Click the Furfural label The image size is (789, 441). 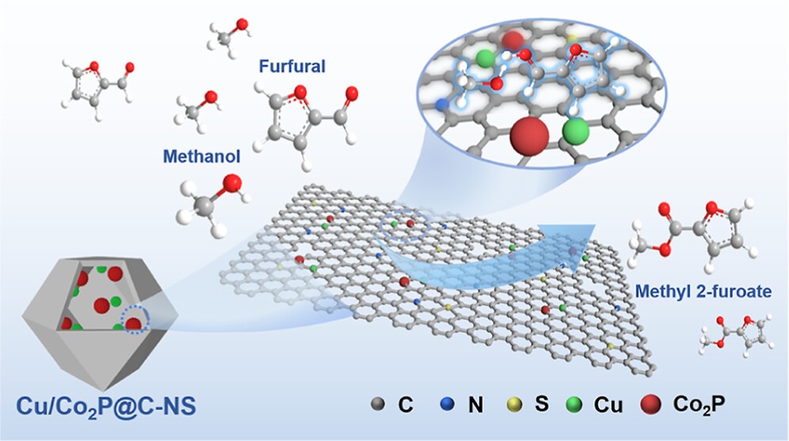[x=291, y=67]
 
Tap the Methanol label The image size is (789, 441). [x=201, y=155]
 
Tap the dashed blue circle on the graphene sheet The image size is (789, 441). [x=405, y=226]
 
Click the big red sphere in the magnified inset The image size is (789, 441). [x=527, y=140]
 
